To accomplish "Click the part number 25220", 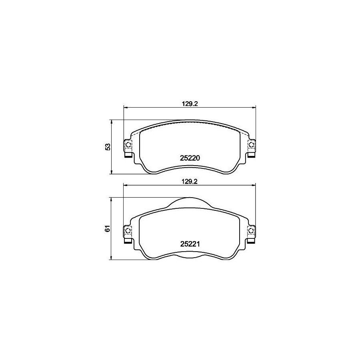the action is [x=190, y=158].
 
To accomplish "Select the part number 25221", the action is [x=190, y=244].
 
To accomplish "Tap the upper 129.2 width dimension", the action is [x=190, y=104].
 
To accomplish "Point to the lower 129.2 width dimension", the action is [x=190, y=182].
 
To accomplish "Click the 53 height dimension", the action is [x=108, y=147].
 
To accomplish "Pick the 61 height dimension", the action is [x=108, y=228].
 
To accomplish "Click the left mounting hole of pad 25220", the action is [x=128, y=144].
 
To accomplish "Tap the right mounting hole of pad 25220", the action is [x=252, y=144].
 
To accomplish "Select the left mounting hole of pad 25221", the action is [x=128, y=230].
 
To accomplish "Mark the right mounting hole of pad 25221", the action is [x=252, y=230].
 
